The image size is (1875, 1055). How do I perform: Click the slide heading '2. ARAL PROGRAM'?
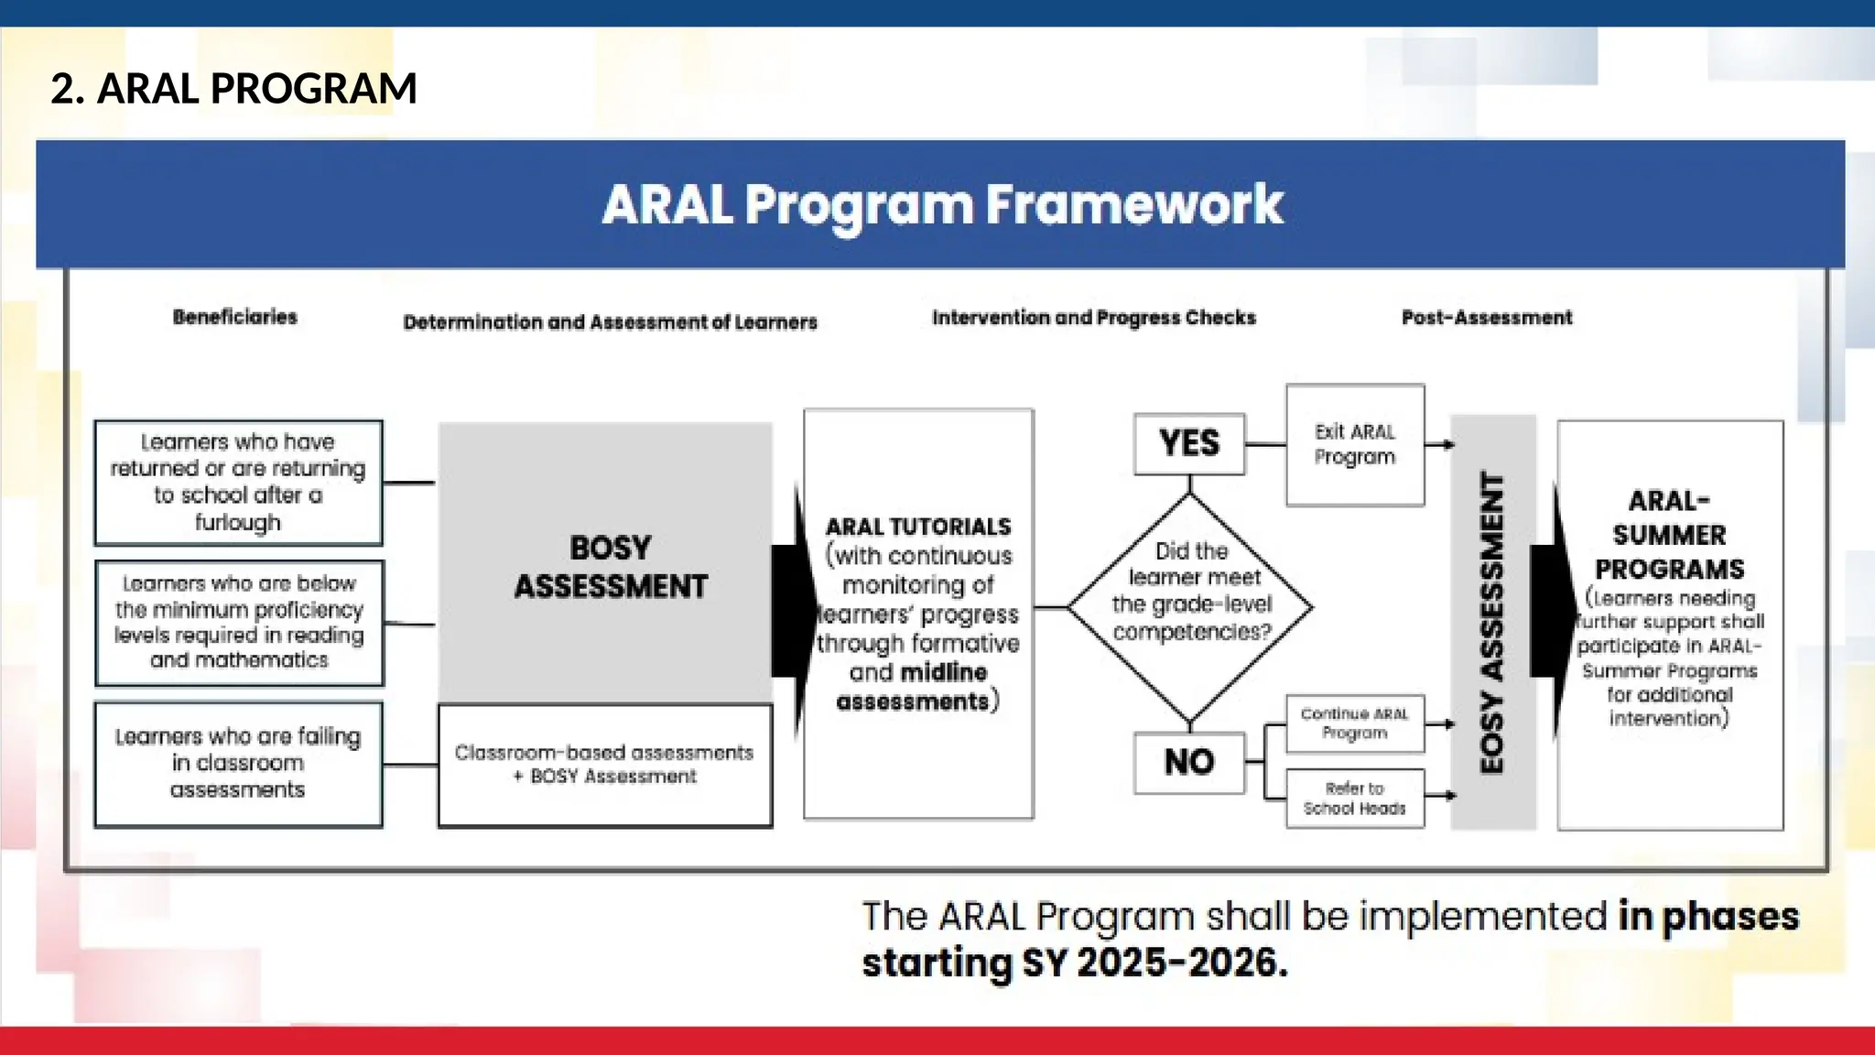tap(233, 89)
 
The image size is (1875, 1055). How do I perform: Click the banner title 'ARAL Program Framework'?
tap(942, 204)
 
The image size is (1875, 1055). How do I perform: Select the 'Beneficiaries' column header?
tap(235, 317)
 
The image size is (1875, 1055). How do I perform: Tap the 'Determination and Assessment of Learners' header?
tap(610, 322)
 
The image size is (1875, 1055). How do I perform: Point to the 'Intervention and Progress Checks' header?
tap(1093, 318)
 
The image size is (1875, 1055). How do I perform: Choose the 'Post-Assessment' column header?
tap(1486, 318)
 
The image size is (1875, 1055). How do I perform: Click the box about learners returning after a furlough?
tap(238, 483)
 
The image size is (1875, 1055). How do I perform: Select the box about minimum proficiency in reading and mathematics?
tap(239, 623)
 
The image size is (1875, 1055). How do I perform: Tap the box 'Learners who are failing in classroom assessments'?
tap(238, 764)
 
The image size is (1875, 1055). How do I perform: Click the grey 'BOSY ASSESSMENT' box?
tap(610, 566)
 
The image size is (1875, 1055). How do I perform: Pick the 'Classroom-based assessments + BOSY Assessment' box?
tap(604, 765)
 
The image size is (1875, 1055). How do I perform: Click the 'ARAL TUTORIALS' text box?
tap(918, 614)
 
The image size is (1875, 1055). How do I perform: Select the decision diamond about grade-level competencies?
tap(1190, 605)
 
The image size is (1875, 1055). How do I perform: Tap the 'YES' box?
tap(1189, 444)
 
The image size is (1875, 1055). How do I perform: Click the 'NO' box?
tap(1189, 762)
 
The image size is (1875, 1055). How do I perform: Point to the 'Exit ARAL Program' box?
tap(1355, 445)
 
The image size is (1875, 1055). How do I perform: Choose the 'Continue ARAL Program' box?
tap(1355, 723)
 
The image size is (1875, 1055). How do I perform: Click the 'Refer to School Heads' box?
tap(1355, 799)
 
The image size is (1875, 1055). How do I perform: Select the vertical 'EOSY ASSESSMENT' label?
tap(1492, 623)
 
